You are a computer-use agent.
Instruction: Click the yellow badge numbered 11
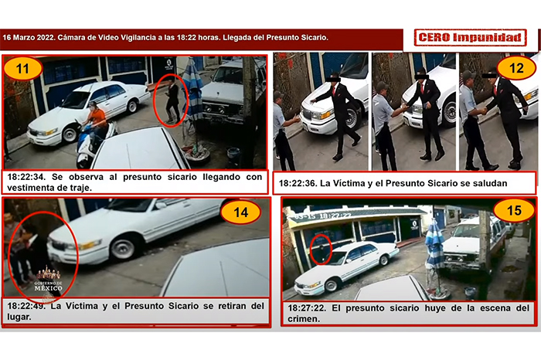coord(22,68)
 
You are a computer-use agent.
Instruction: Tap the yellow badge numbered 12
coord(516,68)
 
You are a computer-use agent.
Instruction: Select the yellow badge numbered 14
coord(241,212)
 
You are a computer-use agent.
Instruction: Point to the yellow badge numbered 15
coord(514,210)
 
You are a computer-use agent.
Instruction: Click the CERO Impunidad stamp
coord(470,38)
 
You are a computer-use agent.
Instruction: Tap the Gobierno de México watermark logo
coord(48,280)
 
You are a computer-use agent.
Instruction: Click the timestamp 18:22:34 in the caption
coord(26,177)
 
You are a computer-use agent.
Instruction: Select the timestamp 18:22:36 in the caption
coord(298,183)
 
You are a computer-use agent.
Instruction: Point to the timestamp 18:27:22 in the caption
coord(307,308)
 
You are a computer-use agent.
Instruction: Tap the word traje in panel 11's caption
coord(82,188)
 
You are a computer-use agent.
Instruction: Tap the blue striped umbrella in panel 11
coord(192,91)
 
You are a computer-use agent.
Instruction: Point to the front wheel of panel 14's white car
coord(123,247)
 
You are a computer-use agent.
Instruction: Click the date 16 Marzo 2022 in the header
coord(29,37)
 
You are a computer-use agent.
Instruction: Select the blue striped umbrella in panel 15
coord(434,245)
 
